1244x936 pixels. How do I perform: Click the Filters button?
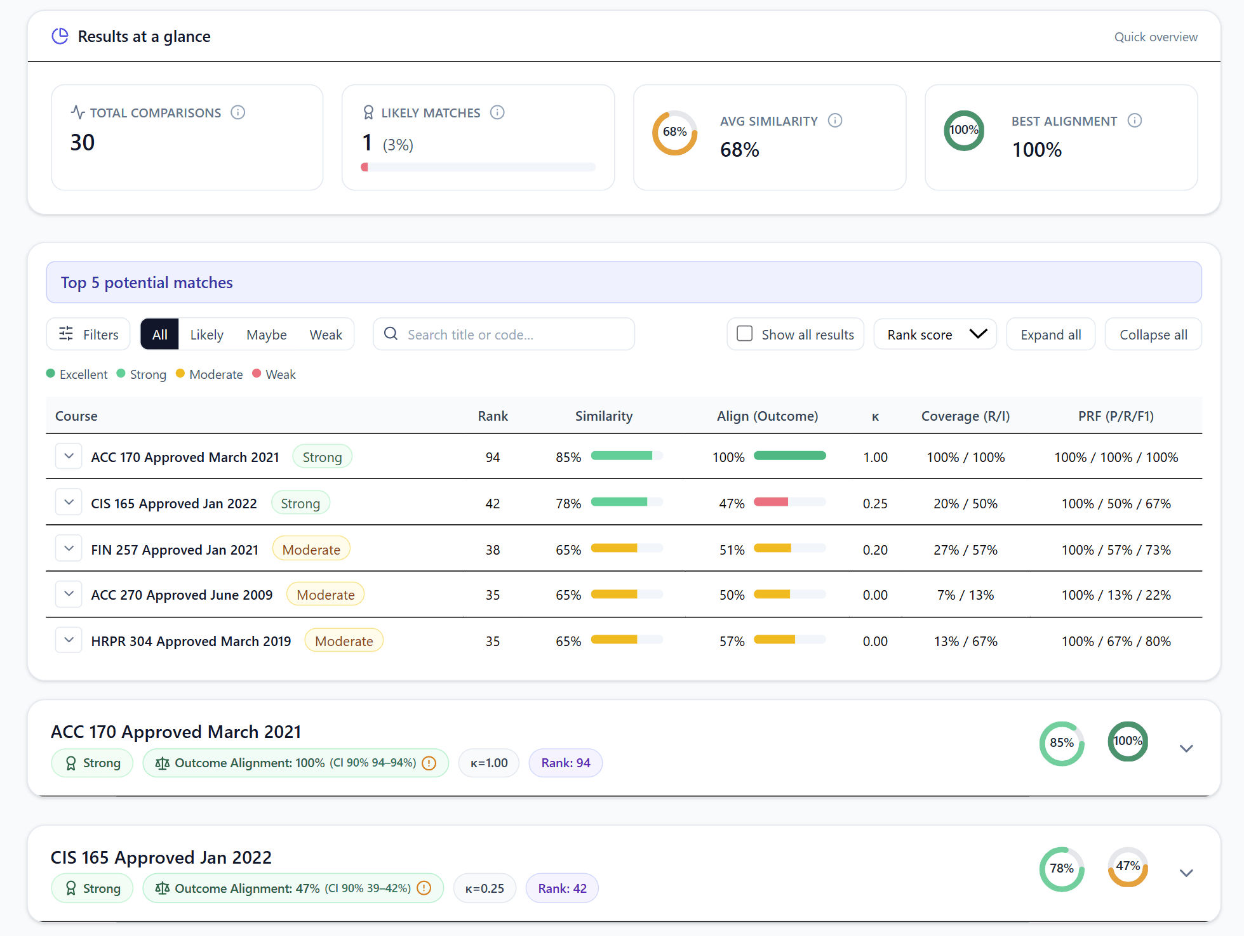coord(88,334)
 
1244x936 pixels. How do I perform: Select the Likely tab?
coord(206,334)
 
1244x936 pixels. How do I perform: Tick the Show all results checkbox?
coord(744,334)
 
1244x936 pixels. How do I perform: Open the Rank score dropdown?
coord(935,334)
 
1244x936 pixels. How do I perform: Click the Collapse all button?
coord(1153,334)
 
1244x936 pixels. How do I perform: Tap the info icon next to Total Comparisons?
coord(238,112)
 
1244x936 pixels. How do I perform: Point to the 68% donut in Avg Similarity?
coord(674,132)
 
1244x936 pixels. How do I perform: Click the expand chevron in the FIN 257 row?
coord(69,548)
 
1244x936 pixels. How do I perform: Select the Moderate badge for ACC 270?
coord(325,595)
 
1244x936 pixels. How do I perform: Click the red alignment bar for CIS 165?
coord(771,502)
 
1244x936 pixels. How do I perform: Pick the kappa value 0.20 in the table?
coord(874,550)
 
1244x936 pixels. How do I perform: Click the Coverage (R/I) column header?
coord(965,416)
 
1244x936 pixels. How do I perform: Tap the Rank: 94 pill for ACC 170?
coord(565,763)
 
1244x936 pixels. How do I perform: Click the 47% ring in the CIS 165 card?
coord(1127,866)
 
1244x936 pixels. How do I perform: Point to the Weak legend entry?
coord(274,374)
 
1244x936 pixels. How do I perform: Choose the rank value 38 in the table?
coord(493,550)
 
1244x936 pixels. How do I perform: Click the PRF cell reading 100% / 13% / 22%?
coord(1116,595)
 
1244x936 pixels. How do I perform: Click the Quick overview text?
coord(1155,37)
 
